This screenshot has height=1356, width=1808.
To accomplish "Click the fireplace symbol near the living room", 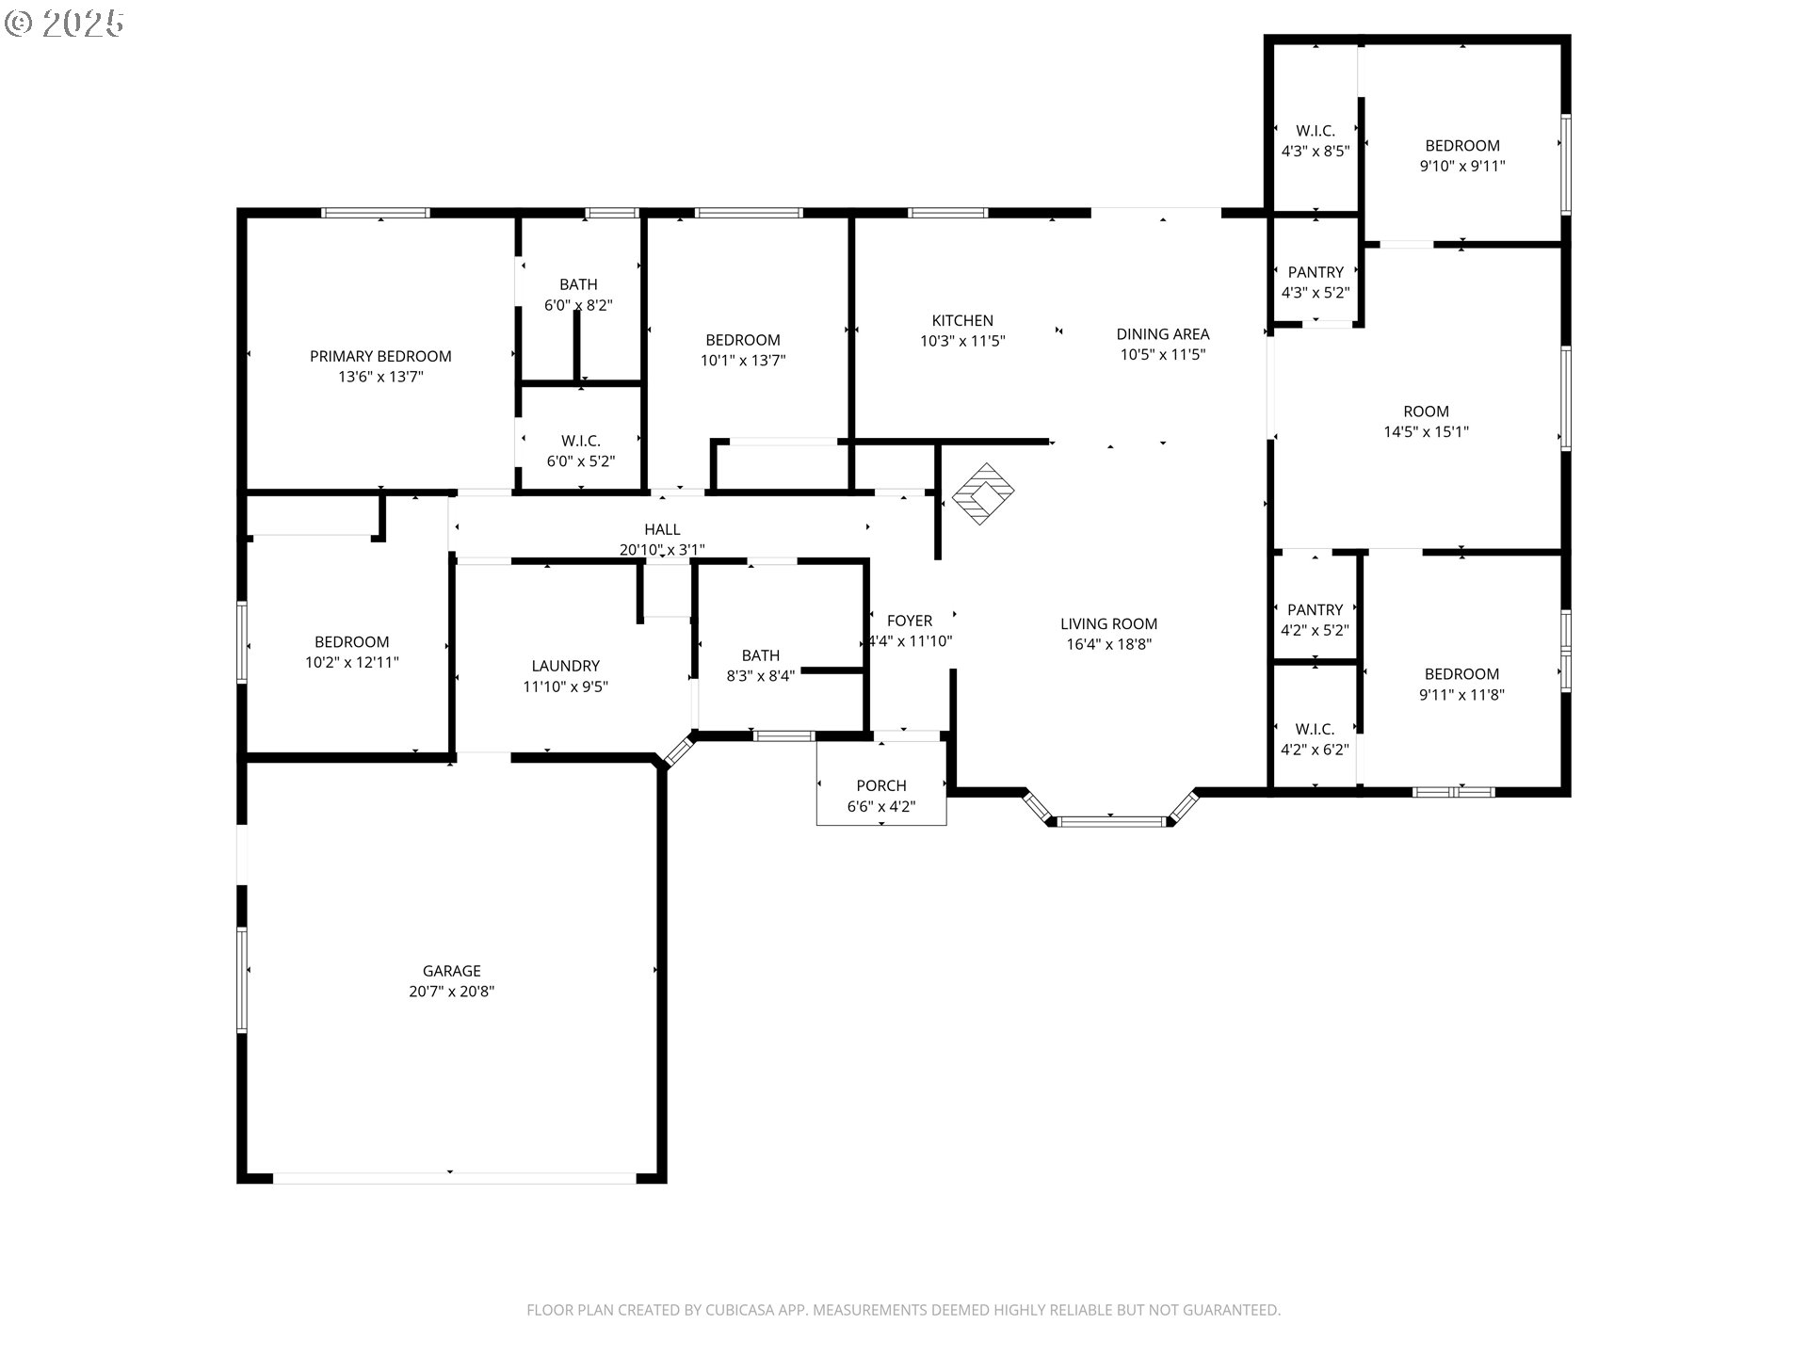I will point(983,493).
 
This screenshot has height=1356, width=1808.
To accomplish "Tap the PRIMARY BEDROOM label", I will point(380,356).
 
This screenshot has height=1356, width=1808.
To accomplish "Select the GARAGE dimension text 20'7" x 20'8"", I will point(452,991).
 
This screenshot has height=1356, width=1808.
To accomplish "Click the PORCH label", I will point(881,785).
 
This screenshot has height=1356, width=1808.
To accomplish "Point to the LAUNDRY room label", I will point(565,666).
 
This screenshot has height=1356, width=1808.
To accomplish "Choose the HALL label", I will point(662,529).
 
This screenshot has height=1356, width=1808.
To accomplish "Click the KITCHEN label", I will point(962,320).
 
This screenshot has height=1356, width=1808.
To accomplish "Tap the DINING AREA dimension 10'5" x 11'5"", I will point(1162,354).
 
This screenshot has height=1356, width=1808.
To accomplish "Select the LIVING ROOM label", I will point(1108,623).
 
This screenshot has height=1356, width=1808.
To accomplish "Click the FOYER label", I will point(910,621).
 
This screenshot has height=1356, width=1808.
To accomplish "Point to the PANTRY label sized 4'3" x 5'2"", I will point(1316,272).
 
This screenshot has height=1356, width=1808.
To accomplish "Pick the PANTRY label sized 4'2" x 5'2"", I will point(1315,610).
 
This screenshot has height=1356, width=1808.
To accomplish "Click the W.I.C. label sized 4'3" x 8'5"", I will point(1316,131).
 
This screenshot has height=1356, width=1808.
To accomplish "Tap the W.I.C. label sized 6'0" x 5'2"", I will point(580,441).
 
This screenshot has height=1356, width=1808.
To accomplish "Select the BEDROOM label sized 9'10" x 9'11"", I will point(1461,145).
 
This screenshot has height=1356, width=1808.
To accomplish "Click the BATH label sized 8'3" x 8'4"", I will point(760,655).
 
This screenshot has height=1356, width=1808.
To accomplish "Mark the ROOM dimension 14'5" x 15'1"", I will point(1426,431).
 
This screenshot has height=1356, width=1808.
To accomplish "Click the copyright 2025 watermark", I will point(64,23).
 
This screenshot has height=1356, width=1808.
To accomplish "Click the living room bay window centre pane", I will point(1111,822).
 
